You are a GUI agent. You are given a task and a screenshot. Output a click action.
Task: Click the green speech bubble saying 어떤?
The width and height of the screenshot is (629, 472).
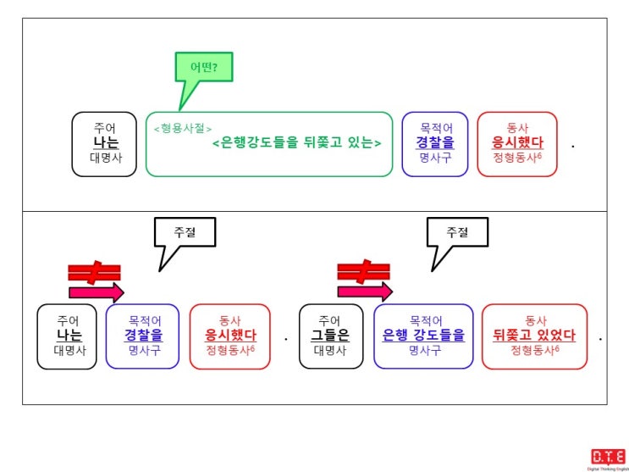204,67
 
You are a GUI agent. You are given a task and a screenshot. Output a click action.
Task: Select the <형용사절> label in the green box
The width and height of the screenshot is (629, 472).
183,129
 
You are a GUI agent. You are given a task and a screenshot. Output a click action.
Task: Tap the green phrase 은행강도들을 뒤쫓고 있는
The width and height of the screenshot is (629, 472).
296,142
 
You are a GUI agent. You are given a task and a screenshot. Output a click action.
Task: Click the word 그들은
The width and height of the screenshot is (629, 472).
331,335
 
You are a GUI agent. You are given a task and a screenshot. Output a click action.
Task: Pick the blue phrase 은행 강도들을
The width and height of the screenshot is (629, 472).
423,335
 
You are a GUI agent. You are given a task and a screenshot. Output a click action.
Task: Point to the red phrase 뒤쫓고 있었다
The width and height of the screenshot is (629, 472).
534,335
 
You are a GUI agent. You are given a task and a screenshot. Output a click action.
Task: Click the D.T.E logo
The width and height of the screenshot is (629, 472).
608,457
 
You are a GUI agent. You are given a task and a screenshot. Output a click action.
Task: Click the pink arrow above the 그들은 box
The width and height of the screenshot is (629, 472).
365,292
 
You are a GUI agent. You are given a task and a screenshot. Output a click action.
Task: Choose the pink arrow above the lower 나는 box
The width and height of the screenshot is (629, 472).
97,292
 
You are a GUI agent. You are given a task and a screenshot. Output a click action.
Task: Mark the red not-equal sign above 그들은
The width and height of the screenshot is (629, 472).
363,272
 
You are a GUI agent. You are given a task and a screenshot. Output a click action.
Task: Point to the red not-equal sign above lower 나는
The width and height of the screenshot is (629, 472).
94,273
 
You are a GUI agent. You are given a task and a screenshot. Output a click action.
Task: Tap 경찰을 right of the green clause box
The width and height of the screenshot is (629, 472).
435,142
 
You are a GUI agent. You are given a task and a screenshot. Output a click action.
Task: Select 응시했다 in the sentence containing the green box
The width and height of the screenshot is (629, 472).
517,142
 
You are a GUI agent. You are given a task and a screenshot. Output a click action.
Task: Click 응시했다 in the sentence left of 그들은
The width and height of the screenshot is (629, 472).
230,335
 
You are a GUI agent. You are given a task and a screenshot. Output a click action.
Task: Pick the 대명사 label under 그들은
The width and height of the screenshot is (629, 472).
330,350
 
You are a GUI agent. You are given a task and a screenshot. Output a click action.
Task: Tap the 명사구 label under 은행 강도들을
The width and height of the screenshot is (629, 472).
425,350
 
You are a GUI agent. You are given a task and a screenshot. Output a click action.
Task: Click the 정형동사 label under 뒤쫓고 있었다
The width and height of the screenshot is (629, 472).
535,349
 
